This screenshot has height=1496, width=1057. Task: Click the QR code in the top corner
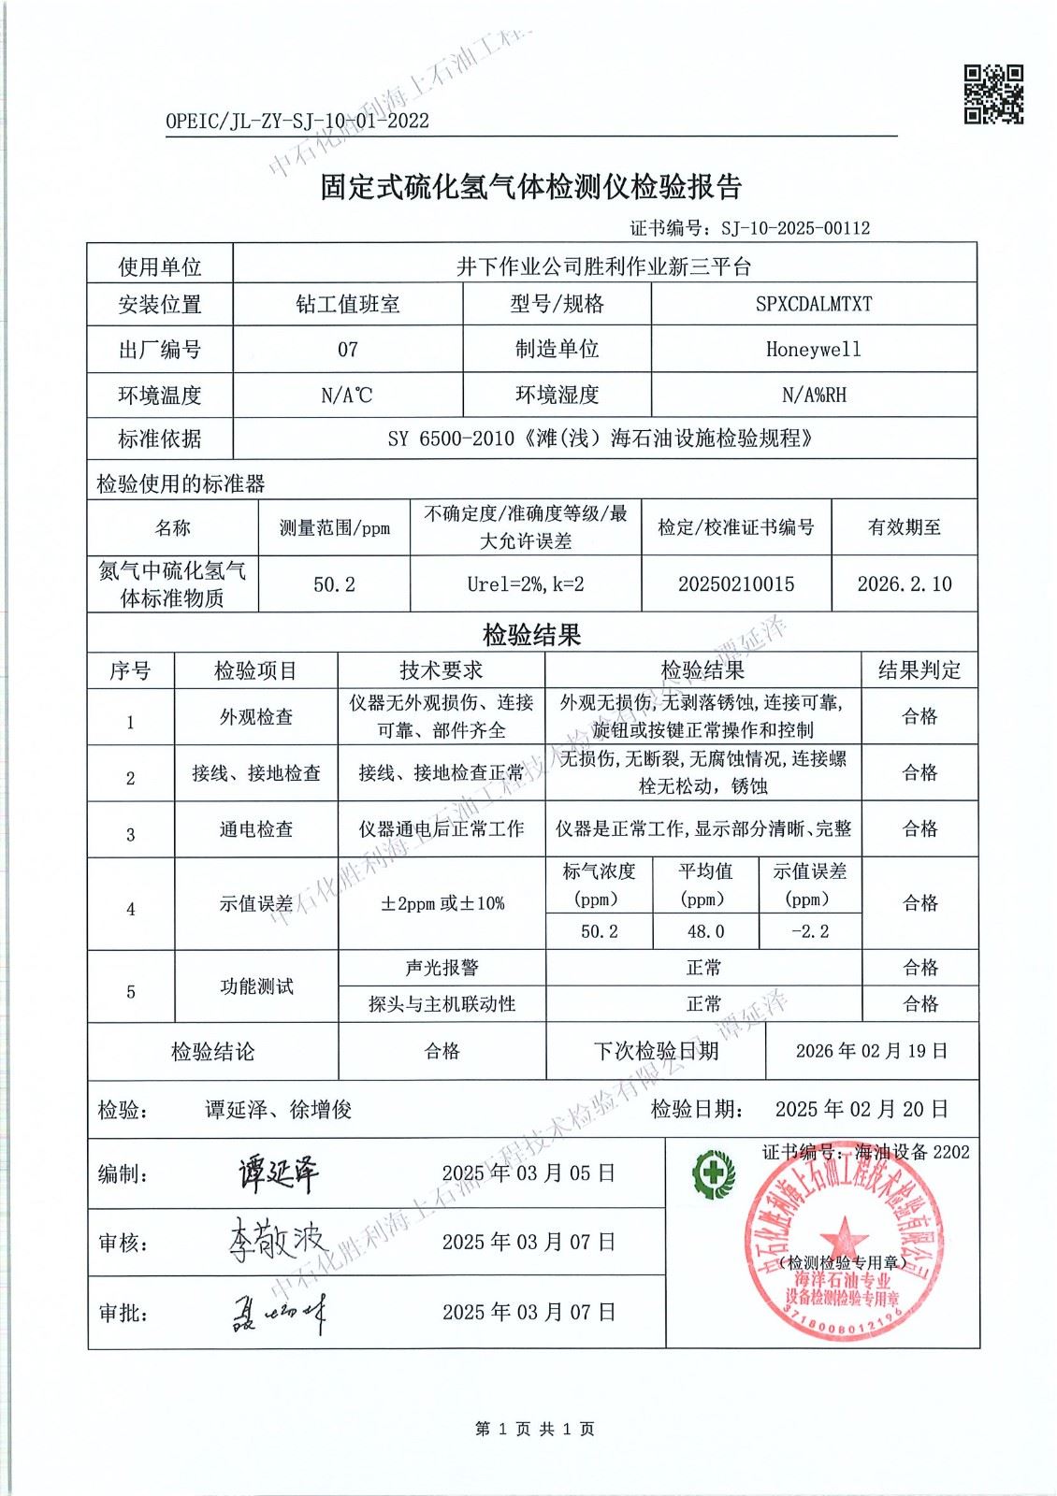(x=993, y=94)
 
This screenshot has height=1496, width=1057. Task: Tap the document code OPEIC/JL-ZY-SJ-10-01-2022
(x=297, y=121)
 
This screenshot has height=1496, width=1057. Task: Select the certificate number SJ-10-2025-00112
(x=795, y=227)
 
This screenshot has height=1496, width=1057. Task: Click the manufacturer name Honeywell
(x=813, y=350)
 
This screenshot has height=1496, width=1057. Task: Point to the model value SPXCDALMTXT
(x=813, y=304)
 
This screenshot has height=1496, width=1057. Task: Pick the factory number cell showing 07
(x=347, y=350)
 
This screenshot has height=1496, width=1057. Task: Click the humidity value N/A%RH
(x=813, y=395)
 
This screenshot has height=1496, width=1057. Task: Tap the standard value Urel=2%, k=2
(x=525, y=584)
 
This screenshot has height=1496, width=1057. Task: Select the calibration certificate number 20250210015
(x=735, y=584)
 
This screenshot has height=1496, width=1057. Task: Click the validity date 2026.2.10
(x=904, y=584)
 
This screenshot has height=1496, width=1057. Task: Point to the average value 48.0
(x=705, y=931)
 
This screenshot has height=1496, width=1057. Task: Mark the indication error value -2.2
(x=809, y=931)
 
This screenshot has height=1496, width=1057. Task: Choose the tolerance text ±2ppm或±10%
(x=442, y=903)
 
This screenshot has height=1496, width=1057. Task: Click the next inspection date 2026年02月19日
(x=871, y=1051)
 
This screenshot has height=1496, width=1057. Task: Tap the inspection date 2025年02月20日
(x=861, y=1109)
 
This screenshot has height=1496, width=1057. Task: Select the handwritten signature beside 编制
(x=278, y=1173)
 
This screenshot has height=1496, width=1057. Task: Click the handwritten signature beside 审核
(x=277, y=1242)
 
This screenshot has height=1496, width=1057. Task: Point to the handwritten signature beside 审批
(x=278, y=1314)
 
